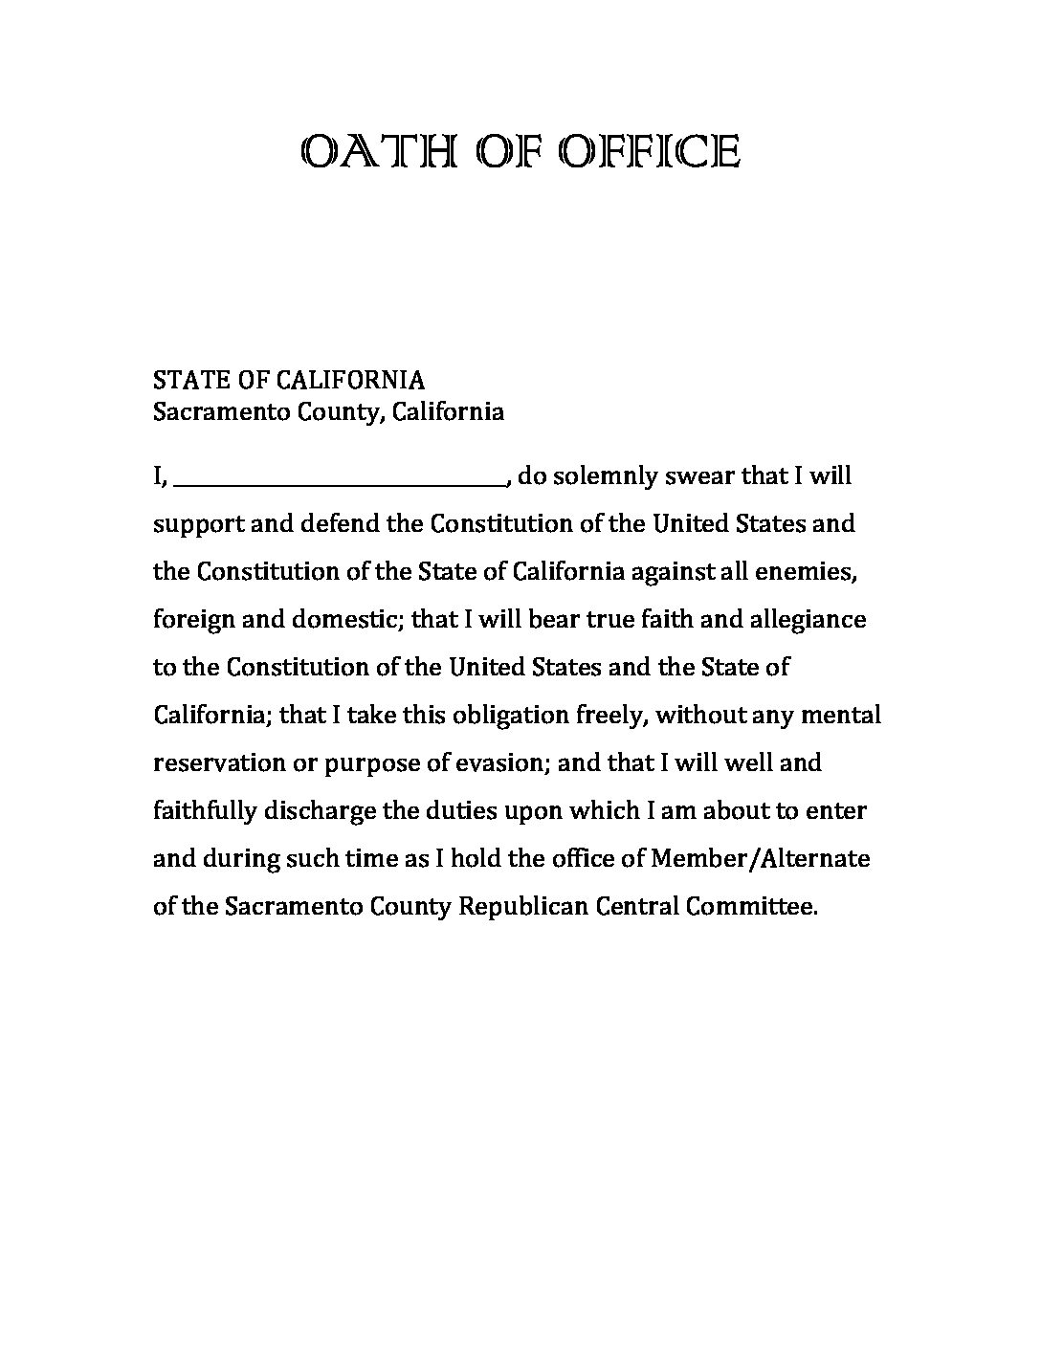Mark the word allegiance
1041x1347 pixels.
[812, 620]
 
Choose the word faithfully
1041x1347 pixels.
[205, 811]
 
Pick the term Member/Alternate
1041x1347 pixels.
[761, 858]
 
